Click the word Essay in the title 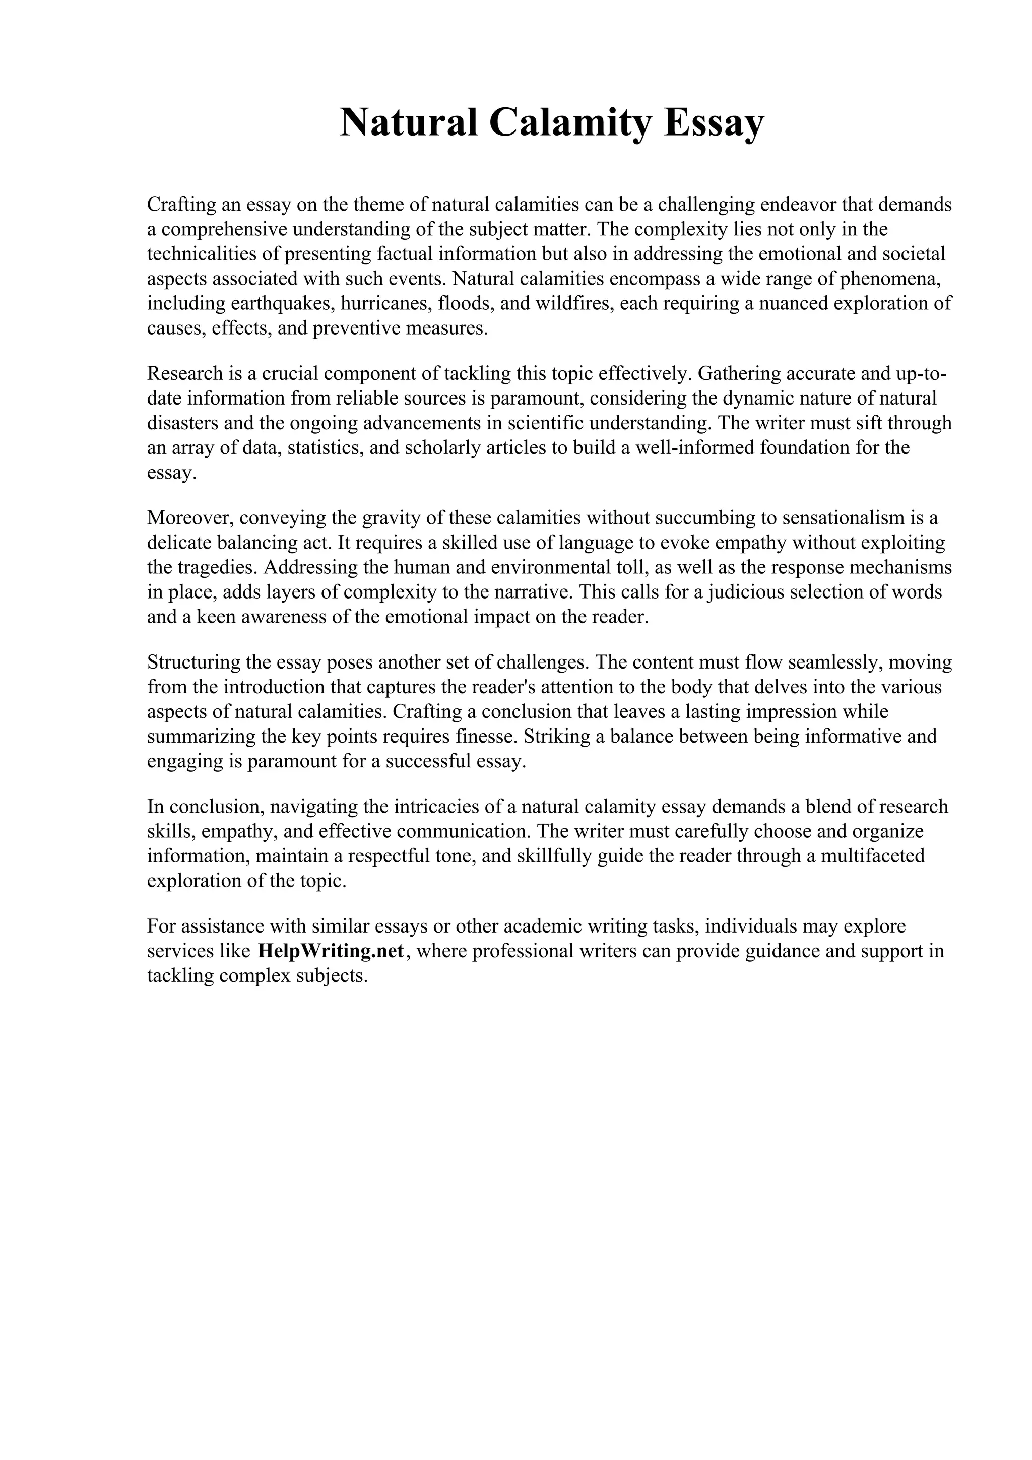714,123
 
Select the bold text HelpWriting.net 331,951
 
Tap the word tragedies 215,567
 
